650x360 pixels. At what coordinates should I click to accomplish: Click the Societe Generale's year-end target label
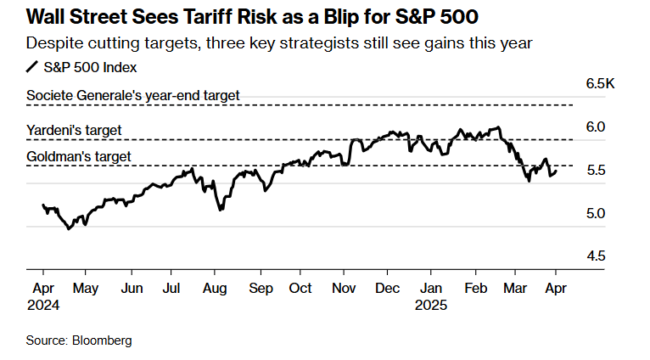[x=133, y=95]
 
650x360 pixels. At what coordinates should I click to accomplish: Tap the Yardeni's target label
[x=74, y=130]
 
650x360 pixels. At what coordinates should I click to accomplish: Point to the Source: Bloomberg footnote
[x=78, y=340]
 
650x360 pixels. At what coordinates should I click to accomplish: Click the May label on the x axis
[x=86, y=288]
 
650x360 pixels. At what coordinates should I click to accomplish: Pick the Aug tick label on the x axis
[x=215, y=288]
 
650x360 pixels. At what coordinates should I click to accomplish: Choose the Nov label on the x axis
[x=345, y=288]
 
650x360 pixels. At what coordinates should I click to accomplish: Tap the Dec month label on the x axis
[x=388, y=288]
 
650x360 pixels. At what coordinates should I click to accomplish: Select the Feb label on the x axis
[x=476, y=288]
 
